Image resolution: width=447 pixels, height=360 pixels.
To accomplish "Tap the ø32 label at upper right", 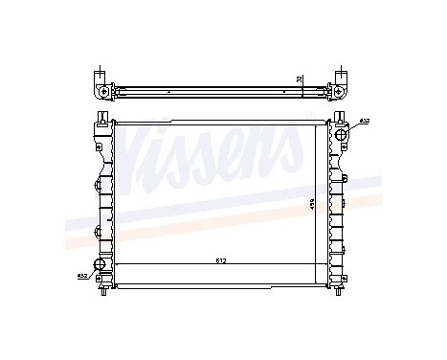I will pyautogui.click(x=364, y=122).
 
